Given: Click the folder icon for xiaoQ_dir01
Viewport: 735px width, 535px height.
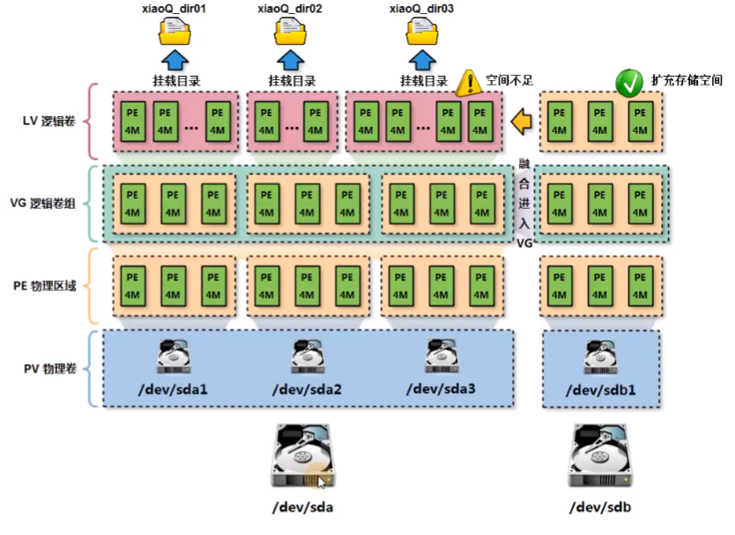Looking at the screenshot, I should coord(174,33).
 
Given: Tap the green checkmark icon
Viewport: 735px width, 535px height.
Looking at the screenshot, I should coord(629,83).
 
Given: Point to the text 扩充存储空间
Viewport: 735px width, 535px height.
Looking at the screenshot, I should coord(687,79).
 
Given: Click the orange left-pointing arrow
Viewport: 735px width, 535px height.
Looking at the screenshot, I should coord(523,120).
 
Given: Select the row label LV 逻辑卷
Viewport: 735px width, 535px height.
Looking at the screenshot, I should coord(49,121).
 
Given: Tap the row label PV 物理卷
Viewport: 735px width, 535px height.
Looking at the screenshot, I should coord(49,368).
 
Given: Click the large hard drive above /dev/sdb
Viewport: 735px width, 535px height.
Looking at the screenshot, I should coord(601,456).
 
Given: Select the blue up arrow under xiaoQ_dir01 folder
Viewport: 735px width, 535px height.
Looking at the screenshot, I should coord(174,60).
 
